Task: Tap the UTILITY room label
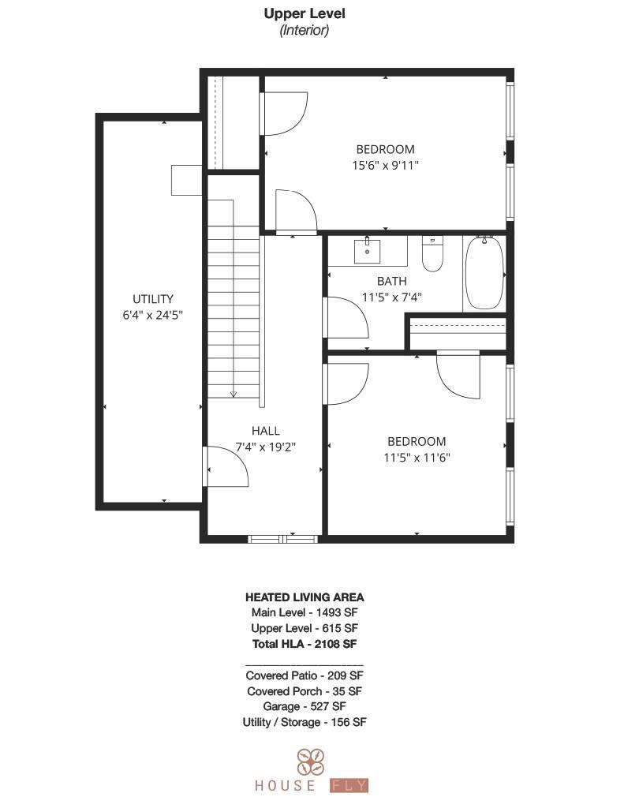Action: (152, 299)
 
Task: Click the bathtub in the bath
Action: (484, 272)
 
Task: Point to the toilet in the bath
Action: (432, 254)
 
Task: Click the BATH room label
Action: (391, 281)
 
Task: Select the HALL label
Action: (265, 431)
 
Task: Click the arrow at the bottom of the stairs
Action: (234, 393)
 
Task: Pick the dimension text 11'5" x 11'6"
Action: (416, 457)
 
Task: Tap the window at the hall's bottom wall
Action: (282, 539)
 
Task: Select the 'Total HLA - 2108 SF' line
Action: (304, 643)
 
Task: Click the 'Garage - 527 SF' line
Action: (304, 706)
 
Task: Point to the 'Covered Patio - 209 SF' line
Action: (304, 675)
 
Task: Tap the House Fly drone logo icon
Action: (309, 761)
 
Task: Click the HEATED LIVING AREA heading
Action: (304, 597)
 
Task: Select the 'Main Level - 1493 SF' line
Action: (304, 612)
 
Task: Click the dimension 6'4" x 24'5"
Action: (152, 315)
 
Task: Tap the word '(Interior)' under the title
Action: (304, 30)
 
